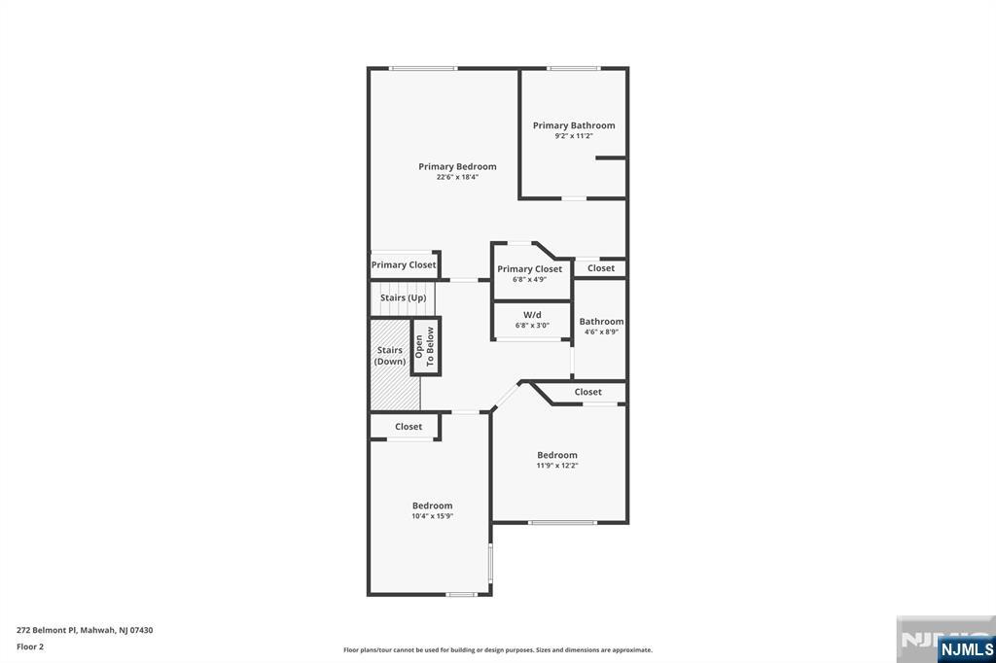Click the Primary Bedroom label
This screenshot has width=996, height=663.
(457, 166)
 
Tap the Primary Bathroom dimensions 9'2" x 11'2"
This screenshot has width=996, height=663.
(574, 136)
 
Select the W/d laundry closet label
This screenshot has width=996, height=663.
(532, 314)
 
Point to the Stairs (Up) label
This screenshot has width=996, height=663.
(403, 297)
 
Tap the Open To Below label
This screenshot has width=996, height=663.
(425, 346)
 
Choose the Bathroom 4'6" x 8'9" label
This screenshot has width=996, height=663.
(601, 321)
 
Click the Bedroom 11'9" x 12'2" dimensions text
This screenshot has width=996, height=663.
(556, 466)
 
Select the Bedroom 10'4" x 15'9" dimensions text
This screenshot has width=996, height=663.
(432, 516)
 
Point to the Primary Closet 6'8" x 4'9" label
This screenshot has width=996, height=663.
(529, 268)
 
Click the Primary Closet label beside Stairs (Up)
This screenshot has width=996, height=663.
(404, 264)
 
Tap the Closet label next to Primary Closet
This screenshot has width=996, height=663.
(600, 268)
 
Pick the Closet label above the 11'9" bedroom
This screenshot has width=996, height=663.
(587, 392)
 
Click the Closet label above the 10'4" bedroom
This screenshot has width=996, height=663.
(409, 426)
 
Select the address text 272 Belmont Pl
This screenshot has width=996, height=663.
(85, 630)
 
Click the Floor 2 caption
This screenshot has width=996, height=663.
(30, 646)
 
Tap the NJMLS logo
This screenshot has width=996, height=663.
(966, 648)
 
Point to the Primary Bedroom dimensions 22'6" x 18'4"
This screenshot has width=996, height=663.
(457, 177)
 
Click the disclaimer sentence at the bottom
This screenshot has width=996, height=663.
(497, 650)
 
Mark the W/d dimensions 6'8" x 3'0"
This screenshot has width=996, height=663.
(532, 325)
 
